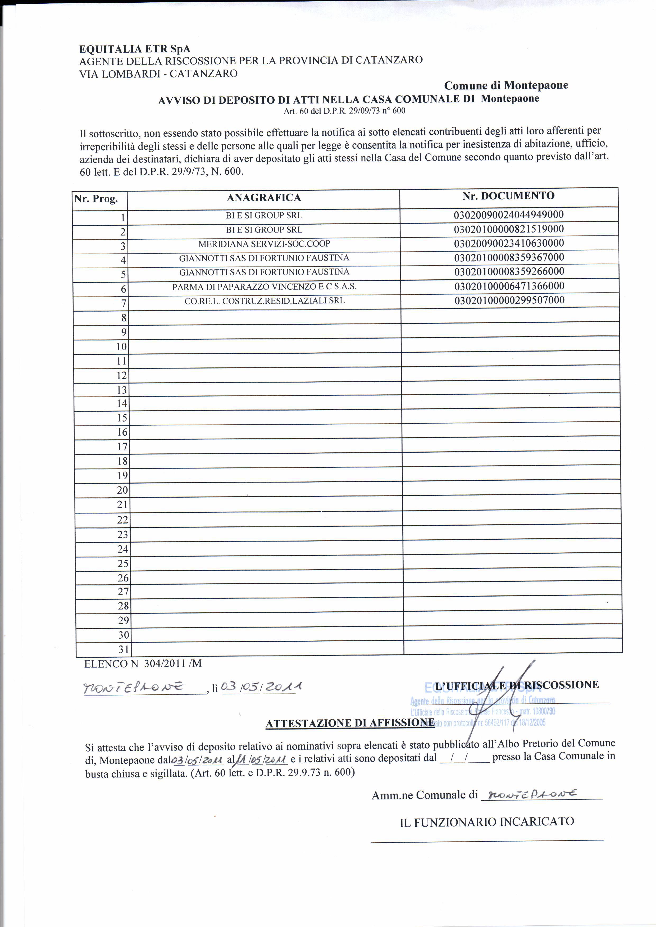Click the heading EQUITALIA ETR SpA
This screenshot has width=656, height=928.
(x=135, y=49)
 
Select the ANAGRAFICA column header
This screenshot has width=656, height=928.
(x=263, y=198)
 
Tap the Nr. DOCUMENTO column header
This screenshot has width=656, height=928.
(x=508, y=196)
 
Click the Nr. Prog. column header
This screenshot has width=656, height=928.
(x=96, y=199)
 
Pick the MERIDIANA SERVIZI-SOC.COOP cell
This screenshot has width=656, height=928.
(x=264, y=244)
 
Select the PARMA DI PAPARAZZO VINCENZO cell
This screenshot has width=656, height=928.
(x=264, y=287)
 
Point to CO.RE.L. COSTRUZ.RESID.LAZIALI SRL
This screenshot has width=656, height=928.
(x=264, y=301)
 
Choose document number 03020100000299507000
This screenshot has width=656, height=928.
(x=509, y=300)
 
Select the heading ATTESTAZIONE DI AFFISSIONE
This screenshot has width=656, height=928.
(x=350, y=723)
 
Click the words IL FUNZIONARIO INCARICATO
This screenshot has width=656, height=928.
(x=487, y=822)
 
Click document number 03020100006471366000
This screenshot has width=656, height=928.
(x=509, y=286)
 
